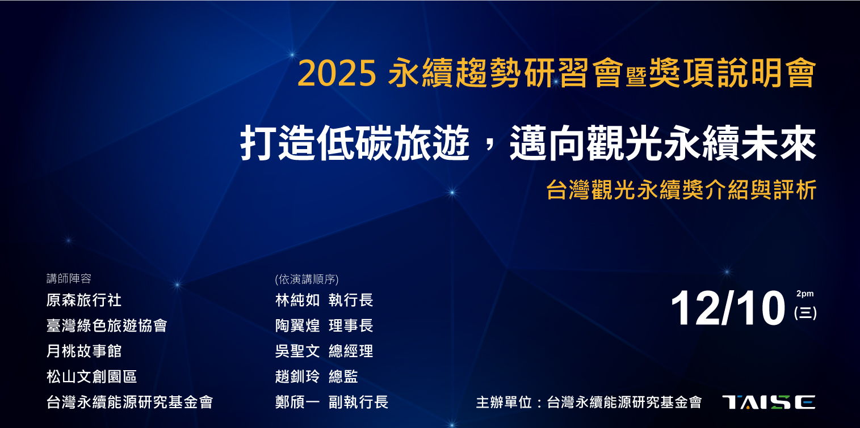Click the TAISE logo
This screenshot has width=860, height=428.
769,402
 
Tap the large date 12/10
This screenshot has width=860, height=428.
728,308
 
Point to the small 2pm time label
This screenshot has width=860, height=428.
805,294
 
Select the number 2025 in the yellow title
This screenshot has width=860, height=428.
337,74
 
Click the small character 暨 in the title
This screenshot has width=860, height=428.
636,77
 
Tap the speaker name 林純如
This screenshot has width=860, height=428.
297,300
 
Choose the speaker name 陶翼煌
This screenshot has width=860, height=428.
297,325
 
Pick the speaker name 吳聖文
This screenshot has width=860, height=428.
297,351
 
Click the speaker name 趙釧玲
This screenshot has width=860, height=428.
297,376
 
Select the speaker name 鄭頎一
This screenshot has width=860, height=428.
297,402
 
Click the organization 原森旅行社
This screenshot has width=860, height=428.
83,300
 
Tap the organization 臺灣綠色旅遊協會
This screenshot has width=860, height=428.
107,325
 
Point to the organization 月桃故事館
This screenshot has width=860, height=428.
83,351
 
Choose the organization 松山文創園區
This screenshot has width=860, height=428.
91,376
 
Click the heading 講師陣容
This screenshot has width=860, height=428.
69,278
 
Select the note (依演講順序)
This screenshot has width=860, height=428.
307,279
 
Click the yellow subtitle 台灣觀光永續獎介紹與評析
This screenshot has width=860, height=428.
681,189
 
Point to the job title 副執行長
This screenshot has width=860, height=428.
359,402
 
